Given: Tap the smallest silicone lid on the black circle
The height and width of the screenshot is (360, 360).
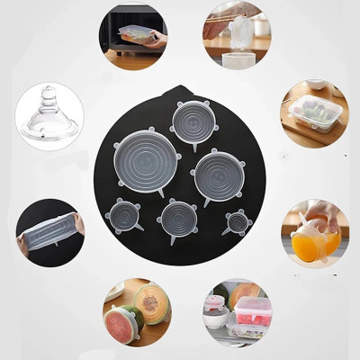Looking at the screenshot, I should tap(238, 221).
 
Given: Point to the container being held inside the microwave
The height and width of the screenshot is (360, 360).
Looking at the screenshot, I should tap(136, 34).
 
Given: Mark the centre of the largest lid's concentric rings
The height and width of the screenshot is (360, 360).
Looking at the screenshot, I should tap(145, 157).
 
